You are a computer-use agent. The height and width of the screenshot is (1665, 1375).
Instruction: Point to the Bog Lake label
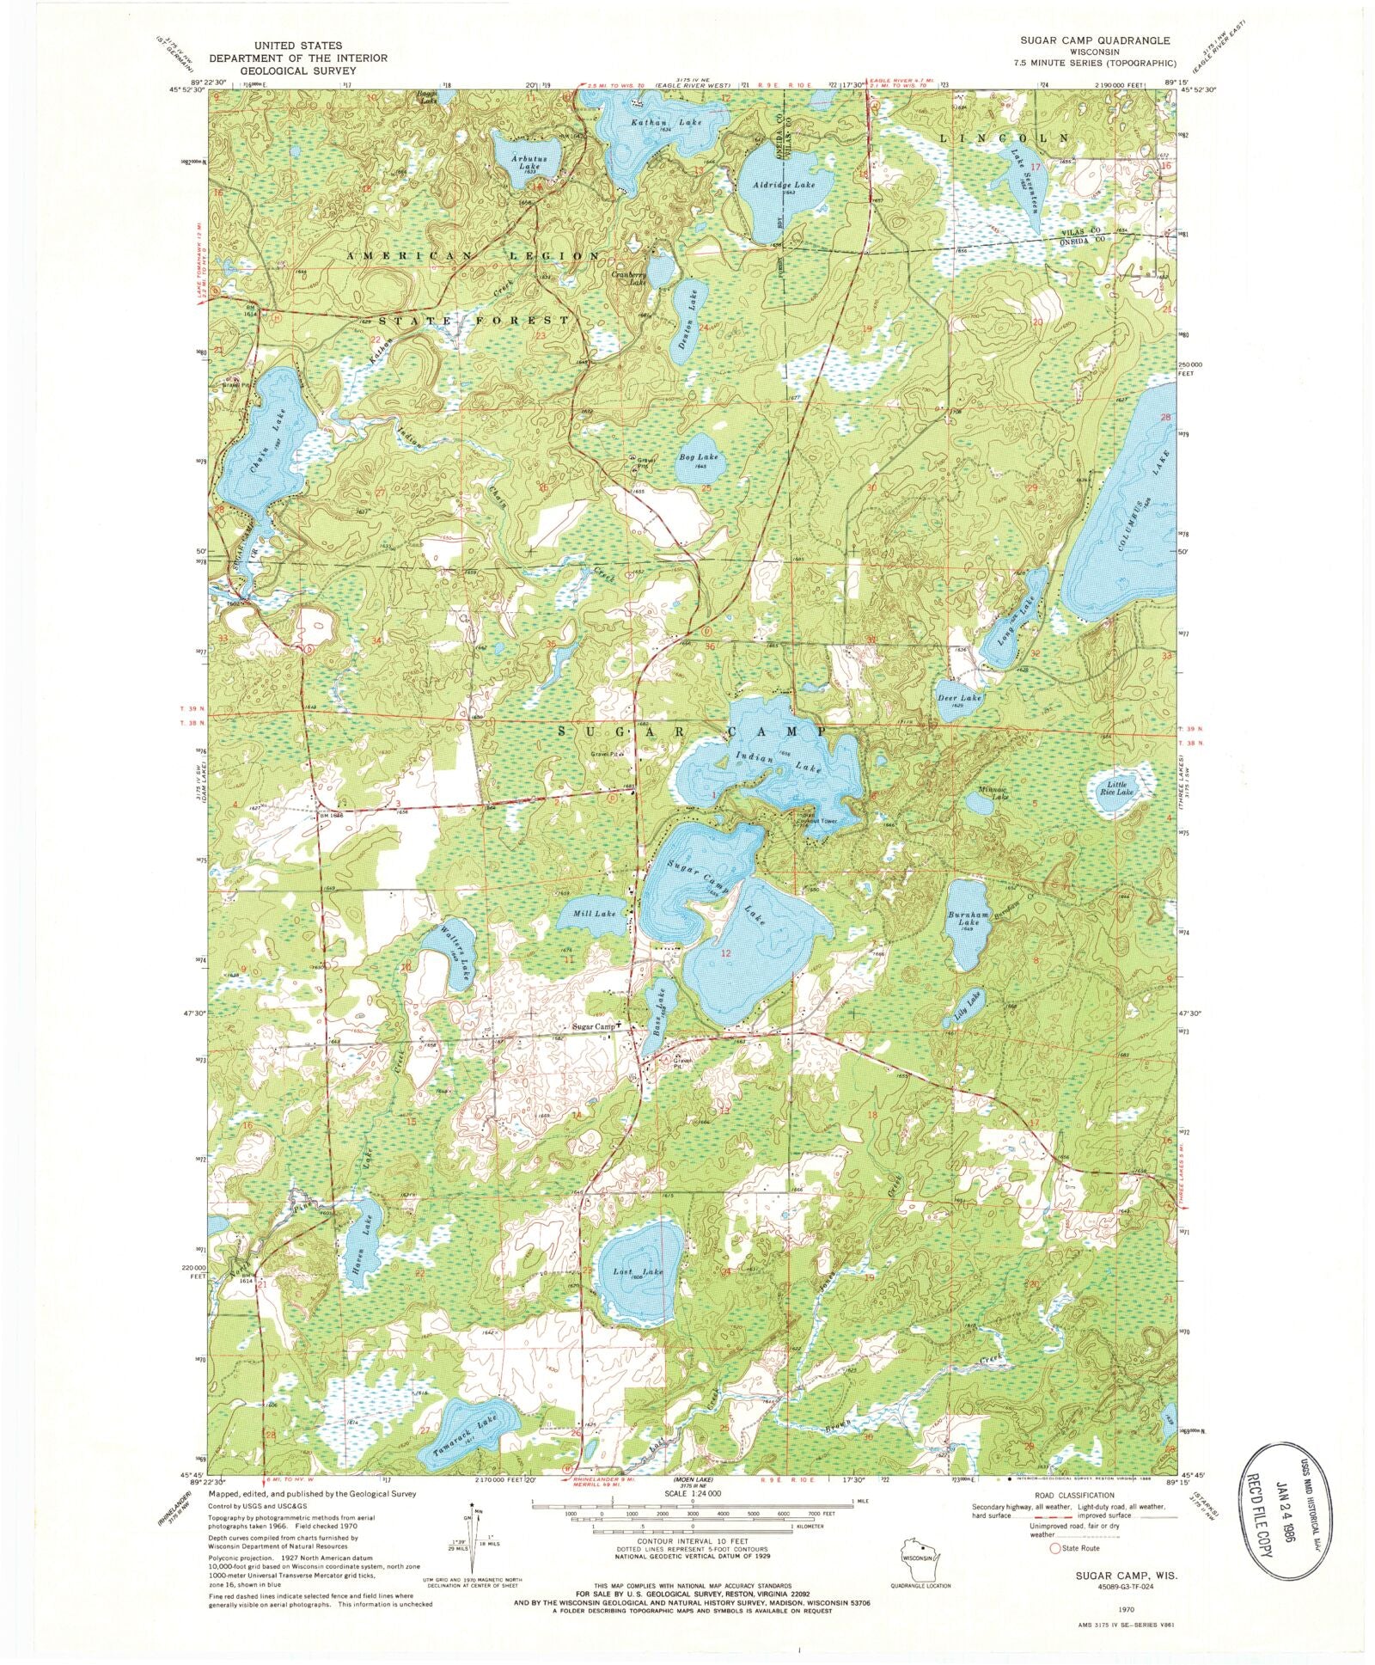tap(698, 458)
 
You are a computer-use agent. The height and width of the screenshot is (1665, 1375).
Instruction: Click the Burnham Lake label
tap(963, 919)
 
